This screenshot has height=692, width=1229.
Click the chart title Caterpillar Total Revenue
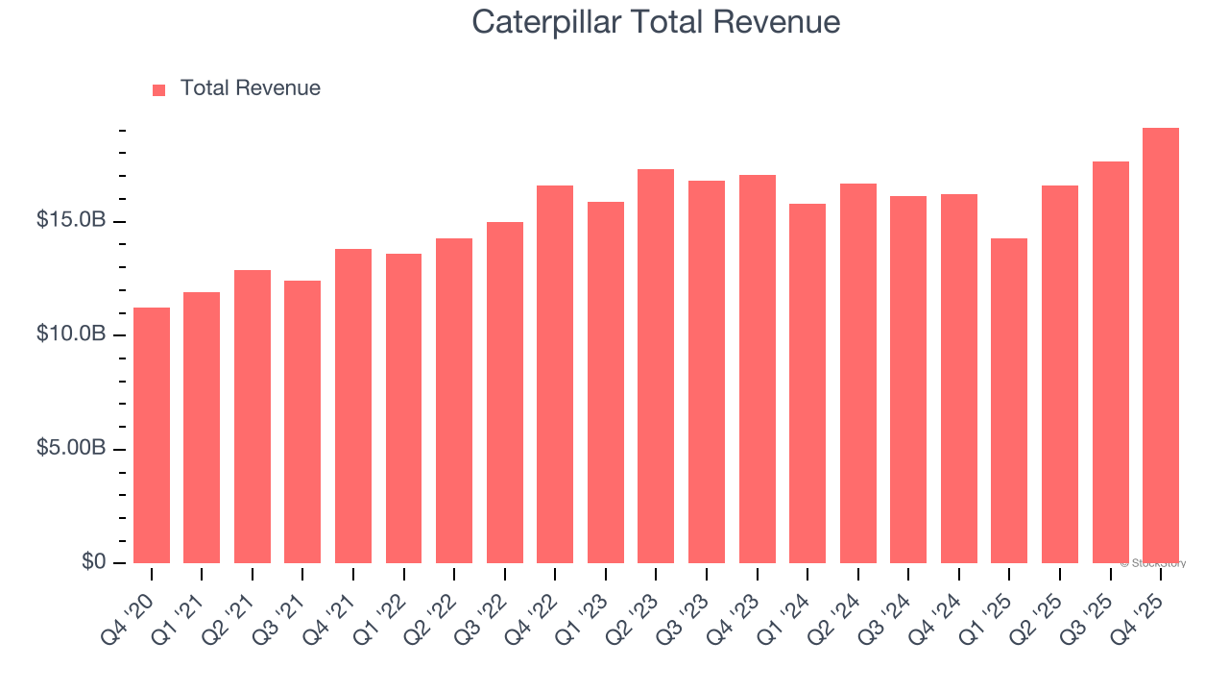[x=656, y=22]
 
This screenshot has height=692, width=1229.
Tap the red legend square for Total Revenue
[x=159, y=89]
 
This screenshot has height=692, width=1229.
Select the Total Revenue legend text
[x=250, y=88]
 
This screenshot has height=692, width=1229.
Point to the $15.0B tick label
[x=71, y=221]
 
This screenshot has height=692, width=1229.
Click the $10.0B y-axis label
[x=71, y=334]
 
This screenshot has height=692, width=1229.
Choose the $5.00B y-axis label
[x=71, y=449]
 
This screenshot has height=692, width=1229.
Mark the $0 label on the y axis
[x=93, y=561]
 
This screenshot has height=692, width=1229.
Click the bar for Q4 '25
[x=1161, y=346]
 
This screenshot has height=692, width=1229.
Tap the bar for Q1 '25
[x=1009, y=401]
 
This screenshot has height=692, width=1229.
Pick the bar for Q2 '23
[x=656, y=366]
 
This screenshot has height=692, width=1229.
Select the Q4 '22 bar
[x=555, y=375]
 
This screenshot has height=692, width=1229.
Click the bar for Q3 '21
[x=302, y=422]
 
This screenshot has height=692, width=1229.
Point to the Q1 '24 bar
[x=807, y=383]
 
